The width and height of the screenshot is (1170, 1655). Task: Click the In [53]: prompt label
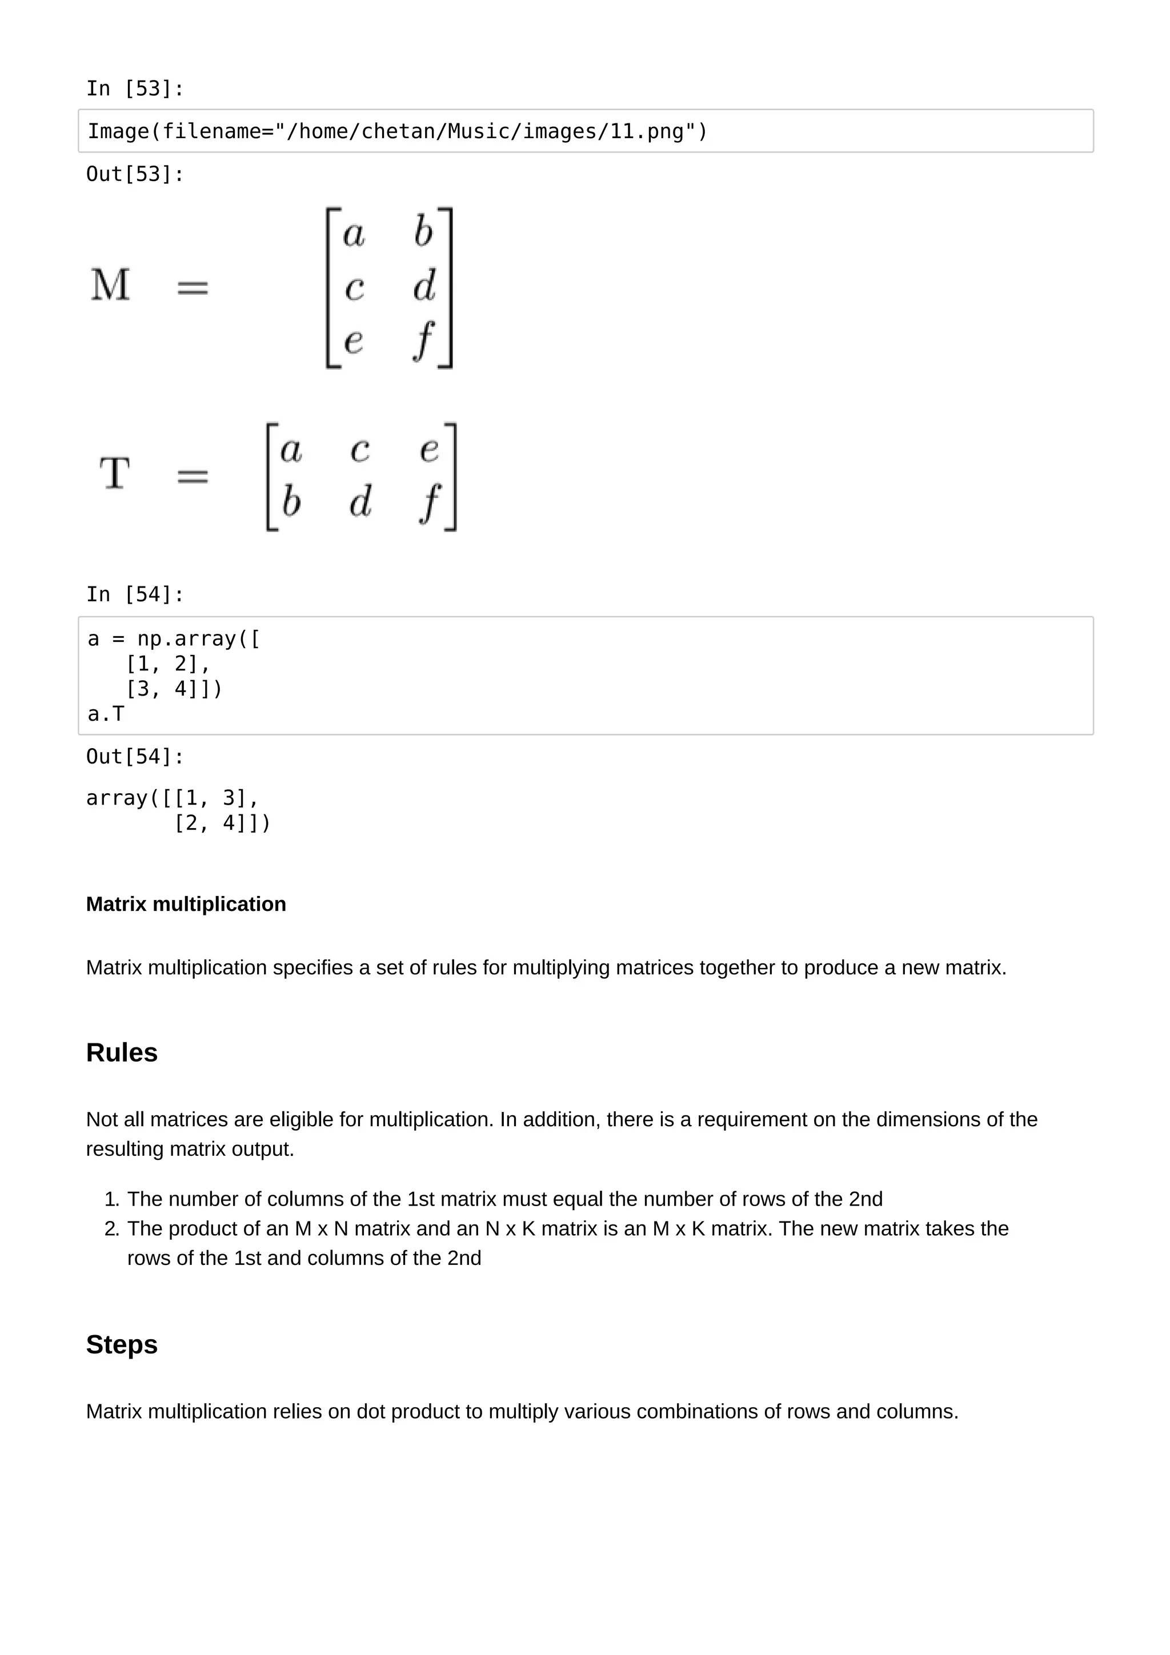coord(135,89)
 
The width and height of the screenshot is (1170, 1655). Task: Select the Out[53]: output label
coord(135,174)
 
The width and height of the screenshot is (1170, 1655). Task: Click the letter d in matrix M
coord(424,286)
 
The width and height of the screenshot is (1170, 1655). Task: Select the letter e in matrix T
coord(429,450)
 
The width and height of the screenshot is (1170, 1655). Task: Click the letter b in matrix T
coord(291,501)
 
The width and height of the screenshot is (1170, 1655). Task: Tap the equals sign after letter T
coord(193,476)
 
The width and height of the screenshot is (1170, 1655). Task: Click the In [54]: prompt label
coord(135,594)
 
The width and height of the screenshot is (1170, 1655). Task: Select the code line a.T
coord(106,714)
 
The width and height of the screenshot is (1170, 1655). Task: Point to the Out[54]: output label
coord(135,757)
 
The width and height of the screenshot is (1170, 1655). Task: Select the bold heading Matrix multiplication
coord(186,904)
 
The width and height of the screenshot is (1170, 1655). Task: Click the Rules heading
coord(122,1053)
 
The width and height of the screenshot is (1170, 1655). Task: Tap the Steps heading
coord(122,1344)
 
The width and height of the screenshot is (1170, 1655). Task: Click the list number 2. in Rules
coord(112,1229)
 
